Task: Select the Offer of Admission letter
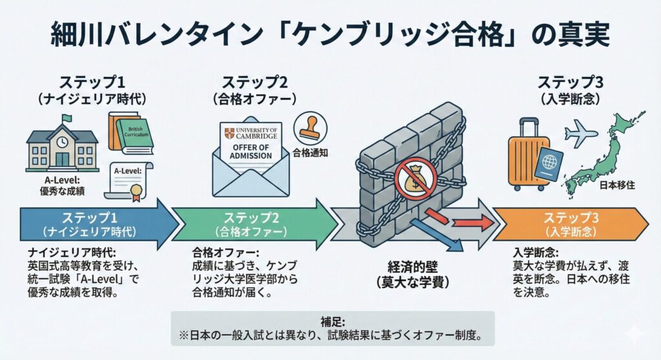tap(250, 145)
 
